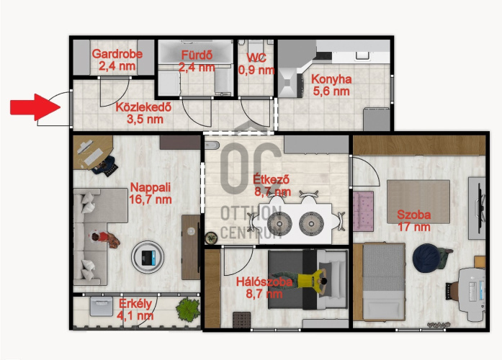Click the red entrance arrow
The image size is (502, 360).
click(35, 107)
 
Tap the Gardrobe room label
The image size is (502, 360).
click(117, 60)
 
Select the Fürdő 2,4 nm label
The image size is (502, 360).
click(197, 61)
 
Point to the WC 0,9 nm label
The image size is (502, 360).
click(256, 63)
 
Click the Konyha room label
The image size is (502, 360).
click(331, 85)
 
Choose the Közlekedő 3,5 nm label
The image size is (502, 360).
click(144, 113)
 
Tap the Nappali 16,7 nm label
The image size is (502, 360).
click(151, 193)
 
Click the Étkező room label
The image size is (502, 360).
click(272, 185)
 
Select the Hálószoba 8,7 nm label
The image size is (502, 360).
click(264, 288)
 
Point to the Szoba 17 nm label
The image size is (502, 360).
click(414, 220)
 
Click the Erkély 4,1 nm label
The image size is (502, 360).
click(135, 310)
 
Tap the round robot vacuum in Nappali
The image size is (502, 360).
click(148, 257)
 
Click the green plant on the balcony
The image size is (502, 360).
click(187, 309)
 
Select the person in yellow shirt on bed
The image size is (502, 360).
click(301, 279)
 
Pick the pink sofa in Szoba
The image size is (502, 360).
click(364, 211)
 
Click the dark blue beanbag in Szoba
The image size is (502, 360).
click(426, 258)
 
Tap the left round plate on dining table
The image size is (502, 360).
click(279, 224)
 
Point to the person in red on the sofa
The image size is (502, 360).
click(103, 239)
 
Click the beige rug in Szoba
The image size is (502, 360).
click(418, 202)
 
